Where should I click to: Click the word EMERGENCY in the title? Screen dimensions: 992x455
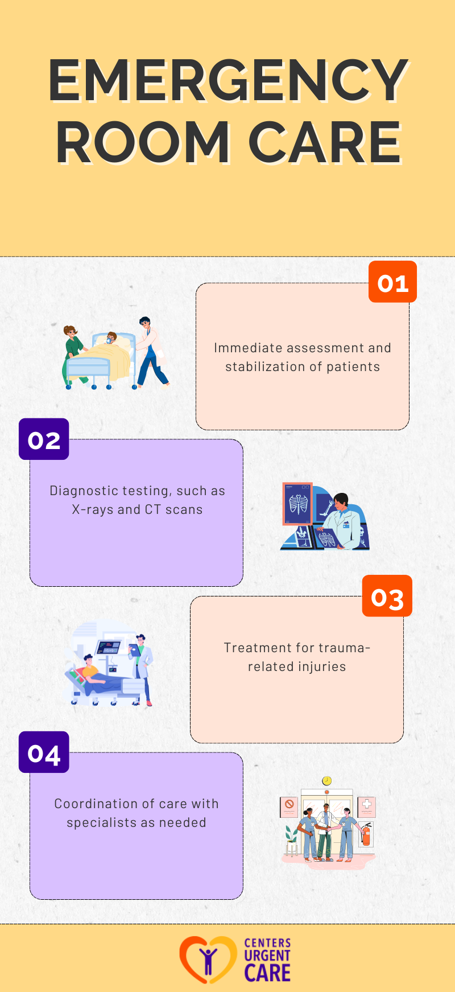[x=227, y=81]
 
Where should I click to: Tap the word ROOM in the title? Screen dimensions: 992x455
[x=143, y=143]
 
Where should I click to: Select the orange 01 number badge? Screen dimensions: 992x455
[x=392, y=282]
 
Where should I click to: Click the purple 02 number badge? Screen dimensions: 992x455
[x=44, y=439]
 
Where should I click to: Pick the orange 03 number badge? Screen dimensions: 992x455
[x=387, y=596]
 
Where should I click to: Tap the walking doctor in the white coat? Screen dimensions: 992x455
[x=150, y=353]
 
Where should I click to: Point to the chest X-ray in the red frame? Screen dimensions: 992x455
[x=298, y=504]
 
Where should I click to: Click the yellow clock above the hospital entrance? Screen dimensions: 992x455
[x=326, y=781]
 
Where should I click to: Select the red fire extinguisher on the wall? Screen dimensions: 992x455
[x=366, y=834]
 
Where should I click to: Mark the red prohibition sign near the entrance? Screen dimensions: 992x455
[x=289, y=804]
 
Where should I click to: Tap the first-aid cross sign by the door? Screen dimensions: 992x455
[x=367, y=804]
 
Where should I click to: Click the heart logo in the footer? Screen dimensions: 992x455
[x=208, y=960]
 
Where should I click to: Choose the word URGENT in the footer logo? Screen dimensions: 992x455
[x=267, y=956]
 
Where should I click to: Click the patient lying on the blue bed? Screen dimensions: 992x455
[x=94, y=674]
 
